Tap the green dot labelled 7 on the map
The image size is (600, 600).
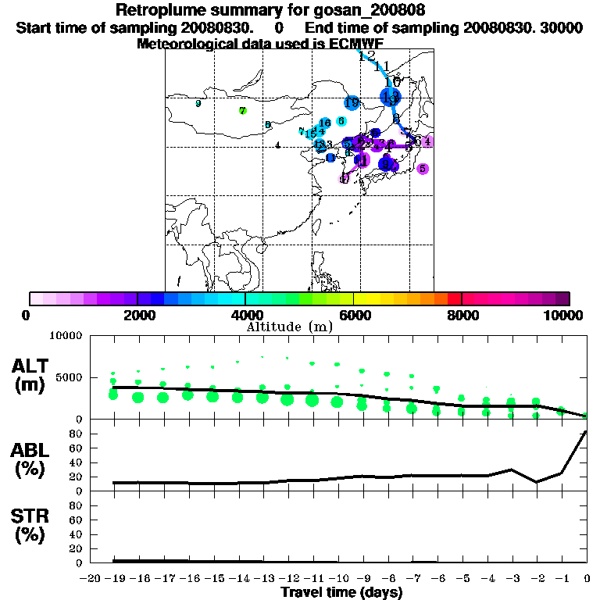[243, 111]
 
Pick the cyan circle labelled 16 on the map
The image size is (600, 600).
[326, 123]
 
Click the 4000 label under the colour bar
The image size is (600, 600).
[245, 315]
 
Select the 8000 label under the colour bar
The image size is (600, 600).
[461, 315]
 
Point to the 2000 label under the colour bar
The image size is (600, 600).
[137, 315]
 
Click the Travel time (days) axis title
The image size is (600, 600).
[341, 593]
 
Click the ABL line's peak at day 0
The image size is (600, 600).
[586, 432]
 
